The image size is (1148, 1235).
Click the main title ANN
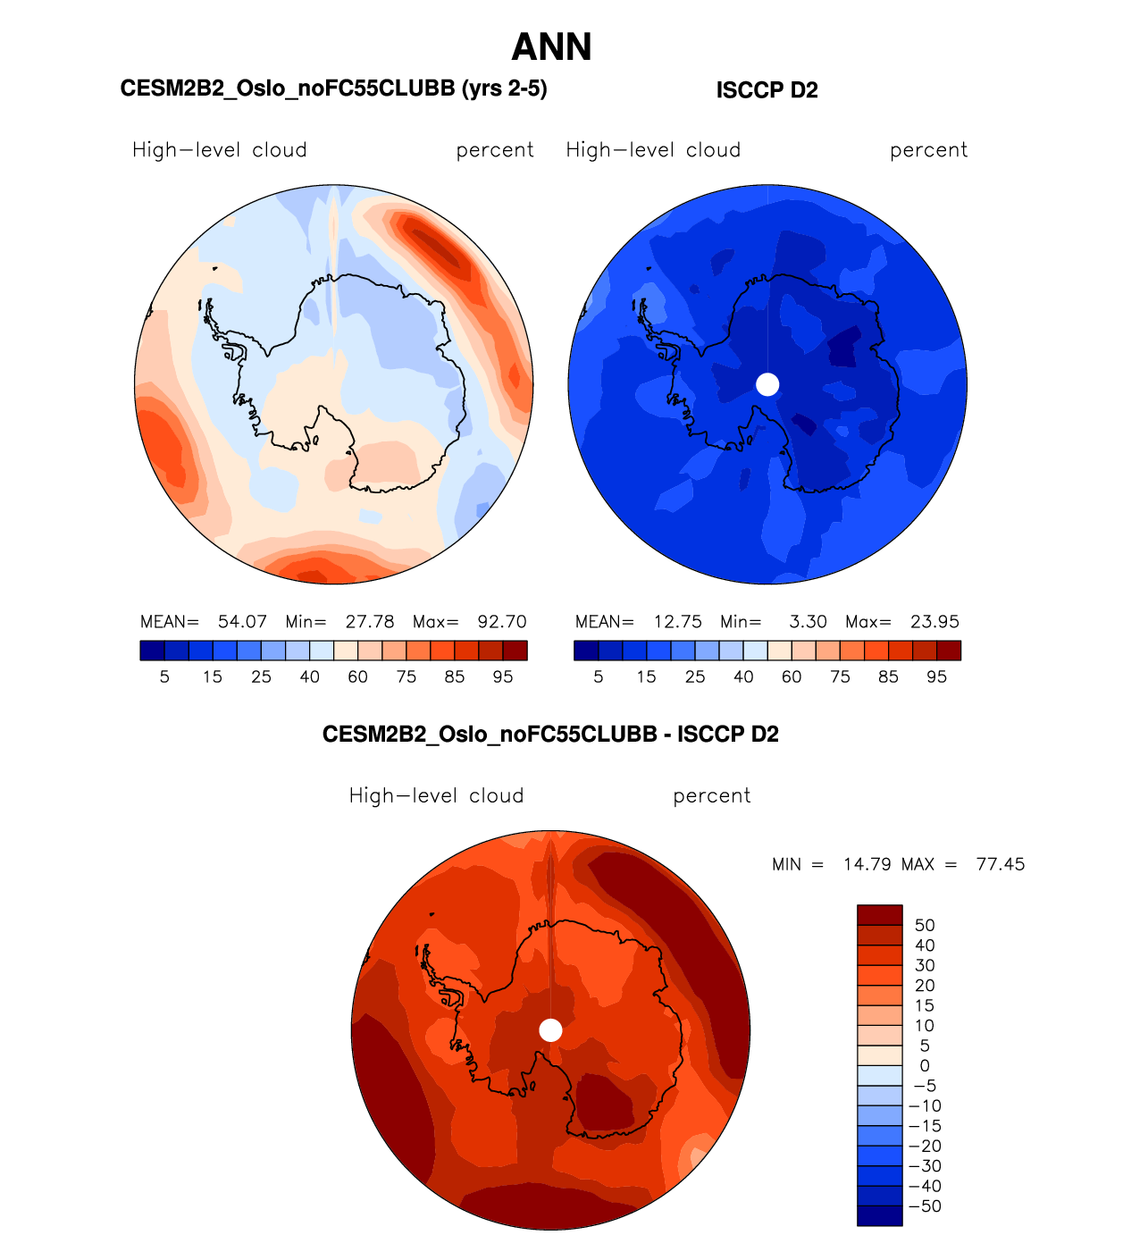tap(551, 47)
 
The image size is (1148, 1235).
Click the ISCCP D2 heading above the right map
tap(767, 90)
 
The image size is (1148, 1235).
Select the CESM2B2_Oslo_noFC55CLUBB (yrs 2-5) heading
tap(333, 88)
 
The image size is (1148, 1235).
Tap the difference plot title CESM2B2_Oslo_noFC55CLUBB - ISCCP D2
tap(550, 735)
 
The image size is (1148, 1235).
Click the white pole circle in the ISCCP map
tap(767, 384)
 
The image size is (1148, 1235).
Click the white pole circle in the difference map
tap(550, 1030)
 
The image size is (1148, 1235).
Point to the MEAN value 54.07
tap(242, 622)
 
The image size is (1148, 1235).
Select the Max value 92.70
tap(502, 622)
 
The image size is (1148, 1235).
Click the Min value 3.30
tap(808, 622)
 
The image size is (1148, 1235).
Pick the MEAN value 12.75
tap(677, 622)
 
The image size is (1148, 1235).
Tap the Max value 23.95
tap(934, 622)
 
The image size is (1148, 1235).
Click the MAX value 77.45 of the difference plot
tap(1001, 865)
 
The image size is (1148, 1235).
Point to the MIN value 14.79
tap(867, 865)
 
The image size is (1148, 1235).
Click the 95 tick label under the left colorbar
tap(503, 677)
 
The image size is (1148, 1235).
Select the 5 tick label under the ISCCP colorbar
tap(599, 677)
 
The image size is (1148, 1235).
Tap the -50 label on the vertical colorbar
tap(925, 1206)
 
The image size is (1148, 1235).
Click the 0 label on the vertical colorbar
tap(925, 1066)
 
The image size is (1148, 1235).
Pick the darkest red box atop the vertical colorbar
tap(880, 915)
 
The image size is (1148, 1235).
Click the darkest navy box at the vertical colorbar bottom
tap(880, 1215)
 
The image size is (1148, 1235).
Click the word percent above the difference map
tap(711, 796)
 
